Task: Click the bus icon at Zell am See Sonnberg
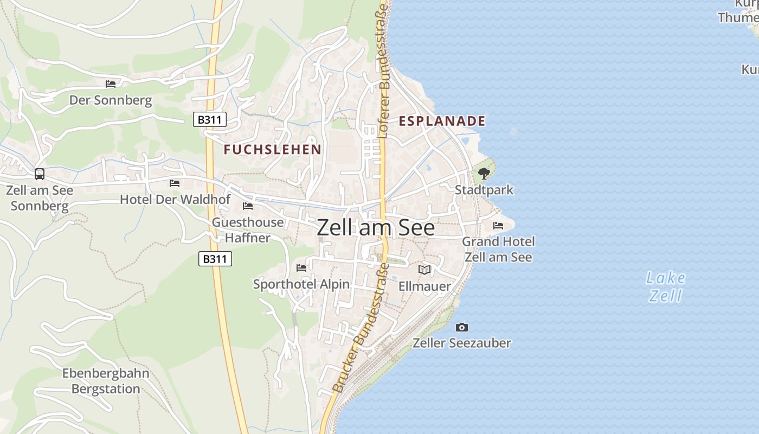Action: pyautogui.click(x=40, y=174)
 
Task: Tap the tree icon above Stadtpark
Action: pyautogui.click(x=484, y=174)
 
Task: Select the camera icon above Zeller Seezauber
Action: pyautogui.click(x=462, y=327)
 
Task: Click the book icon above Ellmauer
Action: pyautogui.click(x=424, y=270)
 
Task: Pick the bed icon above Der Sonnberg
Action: pyautogui.click(x=111, y=84)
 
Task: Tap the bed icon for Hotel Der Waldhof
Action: pyautogui.click(x=175, y=183)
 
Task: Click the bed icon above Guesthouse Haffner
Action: pyautogui.click(x=248, y=206)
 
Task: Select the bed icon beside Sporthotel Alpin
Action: pyautogui.click(x=301, y=268)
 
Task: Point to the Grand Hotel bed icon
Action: pyautogui.click(x=498, y=226)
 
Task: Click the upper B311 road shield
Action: pyautogui.click(x=210, y=119)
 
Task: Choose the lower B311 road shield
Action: pyautogui.click(x=215, y=259)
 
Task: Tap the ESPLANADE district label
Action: pyautogui.click(x=442, y=121)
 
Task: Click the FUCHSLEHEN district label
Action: pyautogui.click(x=273, y=149)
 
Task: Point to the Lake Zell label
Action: pyautogui.click(x=665, y=287)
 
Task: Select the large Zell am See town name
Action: pyautogui.click(x=375, y=228)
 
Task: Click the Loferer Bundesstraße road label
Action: pyautogui.click(x=383, y=71)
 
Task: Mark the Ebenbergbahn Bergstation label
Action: pyautogui.click(x=106, y=381)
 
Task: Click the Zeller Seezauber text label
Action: pyautogui.click(x=462, y=343)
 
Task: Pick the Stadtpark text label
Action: pyautogui.click(x=484, y=190)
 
